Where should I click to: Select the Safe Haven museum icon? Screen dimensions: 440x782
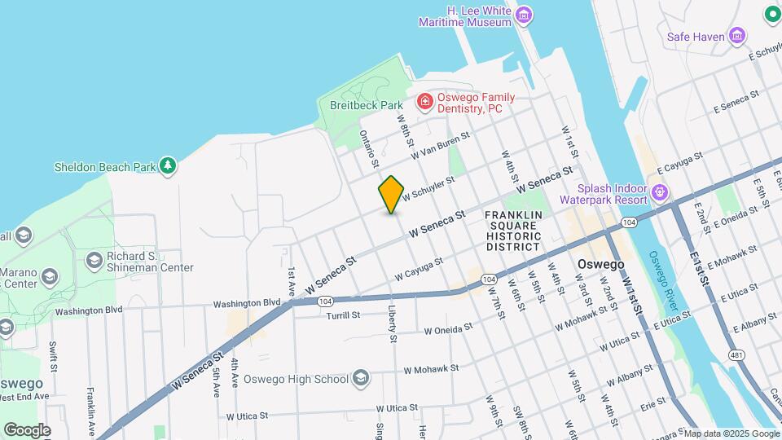pos(738,36)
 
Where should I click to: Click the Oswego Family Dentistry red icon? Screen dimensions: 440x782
pos(424,102)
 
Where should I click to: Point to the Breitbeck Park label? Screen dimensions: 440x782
pos(367,105)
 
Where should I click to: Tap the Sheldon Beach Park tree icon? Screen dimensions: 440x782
pos(168,166)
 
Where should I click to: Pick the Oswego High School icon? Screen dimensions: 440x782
pos(362,378)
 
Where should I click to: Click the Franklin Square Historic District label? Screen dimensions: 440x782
pos(513,231)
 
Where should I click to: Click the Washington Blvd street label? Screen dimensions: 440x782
pos(248,304)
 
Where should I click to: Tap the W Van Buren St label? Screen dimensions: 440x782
pos(441,147)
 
